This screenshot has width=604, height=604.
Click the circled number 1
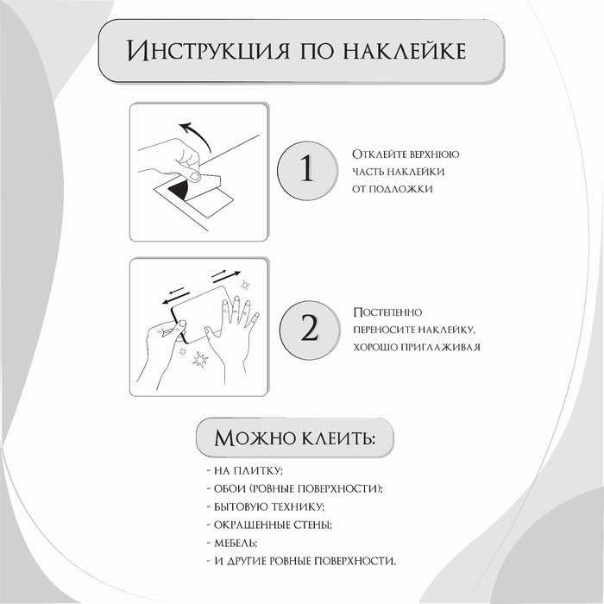[x=306, y=170]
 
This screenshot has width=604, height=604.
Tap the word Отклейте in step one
[x=376, y=154]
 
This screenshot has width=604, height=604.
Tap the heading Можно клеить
[x=294, y=437]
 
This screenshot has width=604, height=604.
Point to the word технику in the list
[x=299, y=506]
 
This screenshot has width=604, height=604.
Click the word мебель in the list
[x=234, y=543]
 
